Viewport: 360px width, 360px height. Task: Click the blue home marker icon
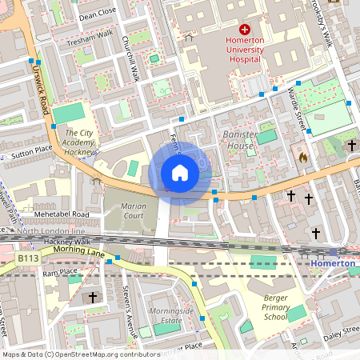pos(180,173)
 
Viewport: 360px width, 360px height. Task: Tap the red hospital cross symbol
pos(245,29)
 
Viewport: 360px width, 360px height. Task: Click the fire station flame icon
pos(302,158)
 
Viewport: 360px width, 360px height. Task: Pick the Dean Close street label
pos(98,14)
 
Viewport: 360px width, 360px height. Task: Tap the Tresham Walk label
pos(91,40)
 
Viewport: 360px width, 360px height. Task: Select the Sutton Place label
pos(31,150)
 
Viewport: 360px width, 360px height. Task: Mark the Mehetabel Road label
pos(61,214)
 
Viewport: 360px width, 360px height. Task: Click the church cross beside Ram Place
pos(93,297)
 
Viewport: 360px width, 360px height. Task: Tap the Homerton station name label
pos(333,263)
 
